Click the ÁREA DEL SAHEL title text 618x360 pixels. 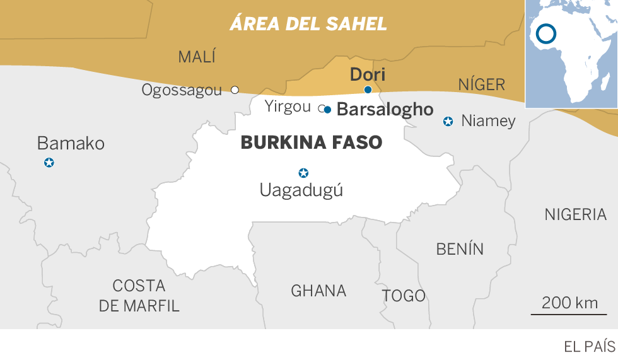pos(308,24)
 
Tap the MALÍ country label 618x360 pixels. pos(197,57)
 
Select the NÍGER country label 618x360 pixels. pos(482,84)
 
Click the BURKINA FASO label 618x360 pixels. pos(312,143)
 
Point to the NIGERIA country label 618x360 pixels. pos(575,214)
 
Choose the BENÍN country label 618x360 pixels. pos(460,249)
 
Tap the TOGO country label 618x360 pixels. pos(404,295)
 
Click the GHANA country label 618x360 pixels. pos(318,291)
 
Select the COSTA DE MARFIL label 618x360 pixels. pos(139,295)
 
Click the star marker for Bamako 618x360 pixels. pos(49,163)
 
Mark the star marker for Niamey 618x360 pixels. pos(448,121)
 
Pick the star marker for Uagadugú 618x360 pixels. pos(303,173)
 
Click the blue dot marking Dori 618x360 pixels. pos(368,90)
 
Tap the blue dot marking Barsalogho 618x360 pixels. pos(327,109)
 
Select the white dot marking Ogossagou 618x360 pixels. pos(235,90)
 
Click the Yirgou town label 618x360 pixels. pos(288,106)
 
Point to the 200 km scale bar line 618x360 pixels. pos(569,313)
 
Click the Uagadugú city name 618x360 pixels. pos(301,190)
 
